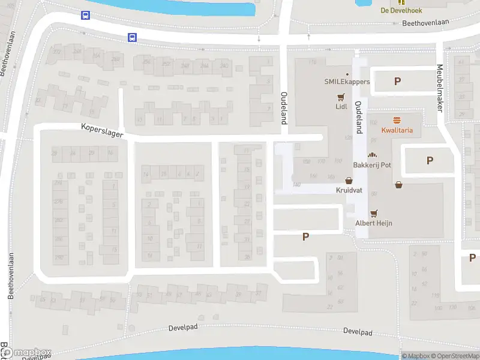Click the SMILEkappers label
coord(347,82)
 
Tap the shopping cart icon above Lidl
coord(341,97)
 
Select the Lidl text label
coord(341,107)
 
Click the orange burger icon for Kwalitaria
coord(397,120)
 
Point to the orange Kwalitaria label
coord(397,130)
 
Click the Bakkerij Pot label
coord(372,165)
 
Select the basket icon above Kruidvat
coord(349,180)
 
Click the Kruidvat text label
coord(349,190)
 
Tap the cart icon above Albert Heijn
coord(375,213)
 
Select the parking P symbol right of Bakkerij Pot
coord(429,160)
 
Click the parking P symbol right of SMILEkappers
coord(397,82)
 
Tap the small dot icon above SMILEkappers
coord(347,74)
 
